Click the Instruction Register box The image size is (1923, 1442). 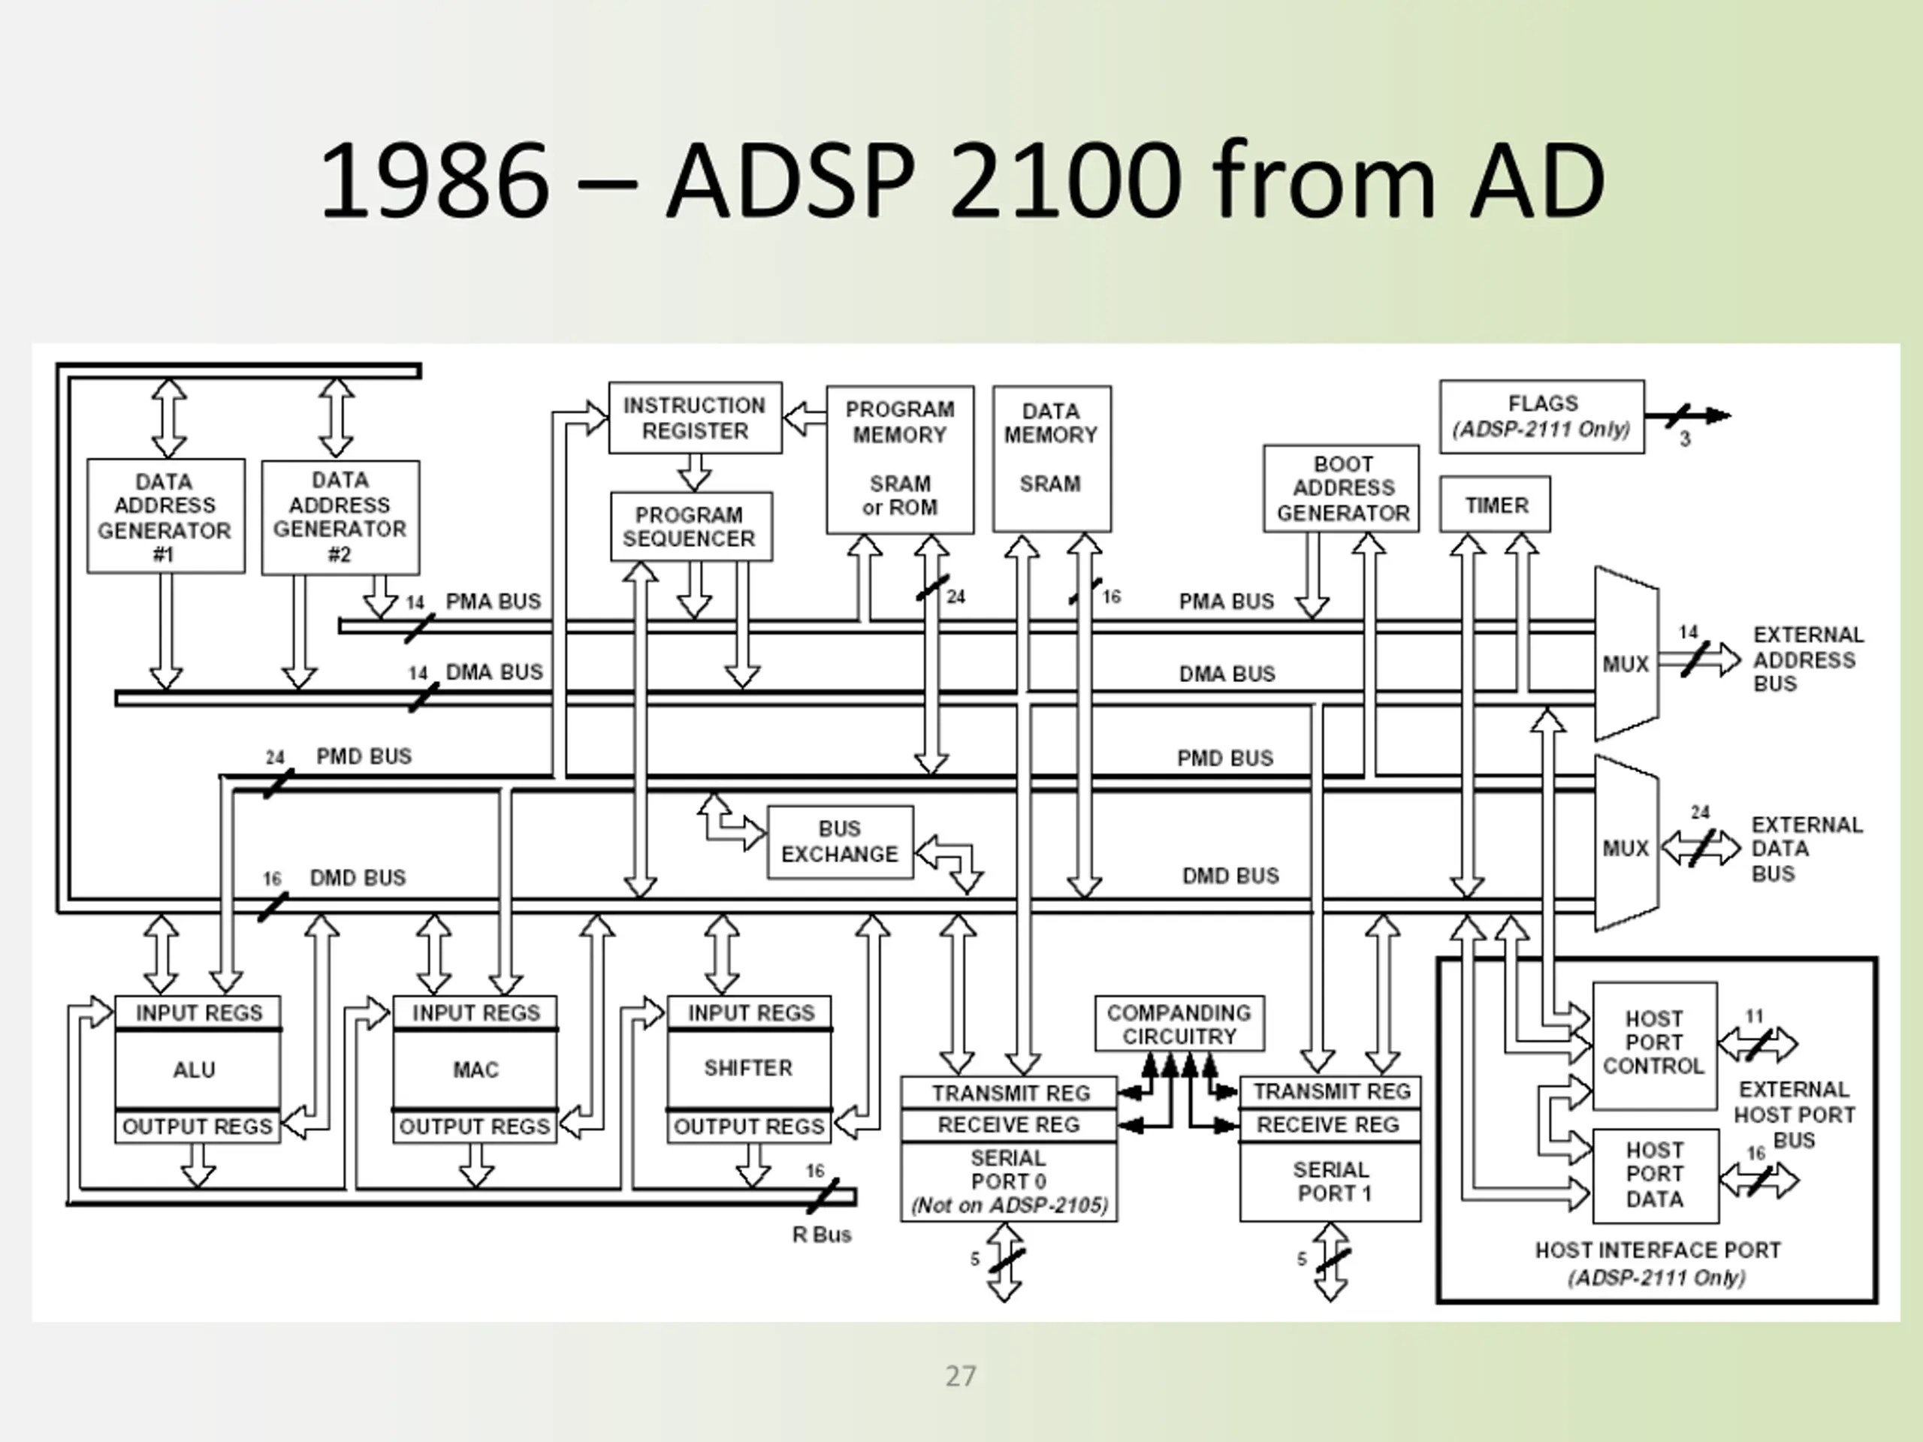point(695,418)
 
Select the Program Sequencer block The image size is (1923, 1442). point(690,526)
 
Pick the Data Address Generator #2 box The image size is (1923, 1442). point(340,517)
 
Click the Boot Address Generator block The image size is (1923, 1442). point(1342,488)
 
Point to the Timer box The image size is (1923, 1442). point(1494,504)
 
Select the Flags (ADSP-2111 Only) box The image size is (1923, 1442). point(1541,416)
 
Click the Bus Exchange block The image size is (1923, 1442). point(840,841)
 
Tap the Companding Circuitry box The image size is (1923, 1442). point(1179,1024)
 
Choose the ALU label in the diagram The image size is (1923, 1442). point(195,1069)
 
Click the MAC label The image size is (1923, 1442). point(475,1069)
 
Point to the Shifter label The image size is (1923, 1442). point(748,1067)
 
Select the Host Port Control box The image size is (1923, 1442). point(1653,1043)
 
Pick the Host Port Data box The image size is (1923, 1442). point(1654,1175)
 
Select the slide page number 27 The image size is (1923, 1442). point(961,1376)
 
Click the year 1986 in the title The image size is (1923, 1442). point(435,181)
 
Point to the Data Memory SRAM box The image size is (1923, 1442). point(1051,458)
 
